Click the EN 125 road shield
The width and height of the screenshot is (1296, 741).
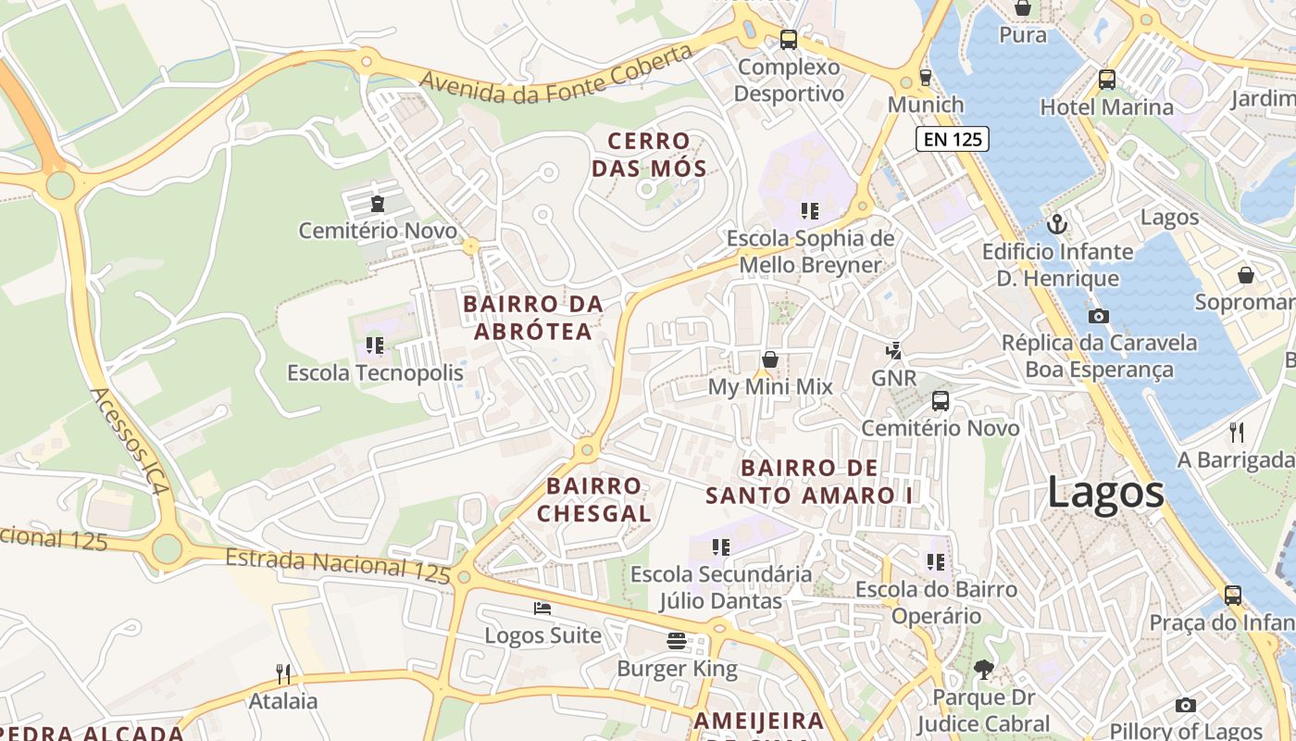(x=953, y=140)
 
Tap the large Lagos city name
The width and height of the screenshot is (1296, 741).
(x=1105, y=492)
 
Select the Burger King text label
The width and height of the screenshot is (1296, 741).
(x=677, y=669)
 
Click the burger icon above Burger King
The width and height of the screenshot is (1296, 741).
(x=677, y=641)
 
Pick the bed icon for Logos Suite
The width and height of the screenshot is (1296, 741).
(x=542, y=609)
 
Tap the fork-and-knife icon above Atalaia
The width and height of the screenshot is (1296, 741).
(x=283, y=673)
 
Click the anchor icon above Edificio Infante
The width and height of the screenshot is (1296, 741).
(x=1056, y=224)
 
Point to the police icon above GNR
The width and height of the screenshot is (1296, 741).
(x=893, y=351)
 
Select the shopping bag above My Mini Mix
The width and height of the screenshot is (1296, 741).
(x=769, y=359)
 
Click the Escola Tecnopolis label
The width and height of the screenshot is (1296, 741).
(x=375, y=373)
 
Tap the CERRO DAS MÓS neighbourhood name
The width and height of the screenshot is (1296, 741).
(x=649, y=155)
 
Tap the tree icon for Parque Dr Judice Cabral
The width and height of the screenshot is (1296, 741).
(x=983, y=669)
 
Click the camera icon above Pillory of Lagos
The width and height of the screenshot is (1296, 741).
(x=1185, y=706)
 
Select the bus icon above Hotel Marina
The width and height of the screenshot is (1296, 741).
(x=1106, y=80)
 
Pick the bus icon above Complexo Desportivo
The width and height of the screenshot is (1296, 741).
(x=789, y=40)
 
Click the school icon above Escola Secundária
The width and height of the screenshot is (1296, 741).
(x=721, y=547)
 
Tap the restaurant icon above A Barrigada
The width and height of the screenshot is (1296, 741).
(x=1236, y=432)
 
